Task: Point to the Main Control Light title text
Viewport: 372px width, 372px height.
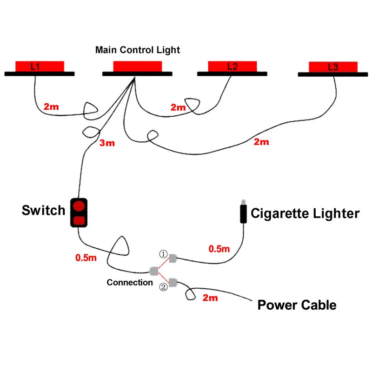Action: pos(138,50)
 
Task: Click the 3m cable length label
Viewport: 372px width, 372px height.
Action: pos(107,143)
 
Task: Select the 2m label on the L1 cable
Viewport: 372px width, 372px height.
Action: pos(51,107)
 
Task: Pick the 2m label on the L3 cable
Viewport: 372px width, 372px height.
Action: pos(261,142)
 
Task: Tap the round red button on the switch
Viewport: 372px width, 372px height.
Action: pos(79,206)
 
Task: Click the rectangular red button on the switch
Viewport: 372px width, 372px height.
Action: pos(79,220)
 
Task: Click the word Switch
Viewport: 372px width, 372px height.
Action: pos(43,211)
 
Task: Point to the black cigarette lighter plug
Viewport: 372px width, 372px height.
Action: pos(243,212)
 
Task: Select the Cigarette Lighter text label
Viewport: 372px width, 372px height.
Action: pos(305,213)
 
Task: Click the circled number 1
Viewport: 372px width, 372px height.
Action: pos(163,254)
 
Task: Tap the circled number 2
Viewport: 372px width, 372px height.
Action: pos(163,287)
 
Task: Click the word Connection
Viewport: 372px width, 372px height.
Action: pos(130,282)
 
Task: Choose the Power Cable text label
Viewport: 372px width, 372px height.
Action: pos(297,305)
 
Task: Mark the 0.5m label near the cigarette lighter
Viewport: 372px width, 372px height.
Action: pos(219,249)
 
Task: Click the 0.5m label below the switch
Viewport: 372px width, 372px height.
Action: pos(86,258)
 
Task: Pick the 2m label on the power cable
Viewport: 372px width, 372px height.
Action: pos(210,298)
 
